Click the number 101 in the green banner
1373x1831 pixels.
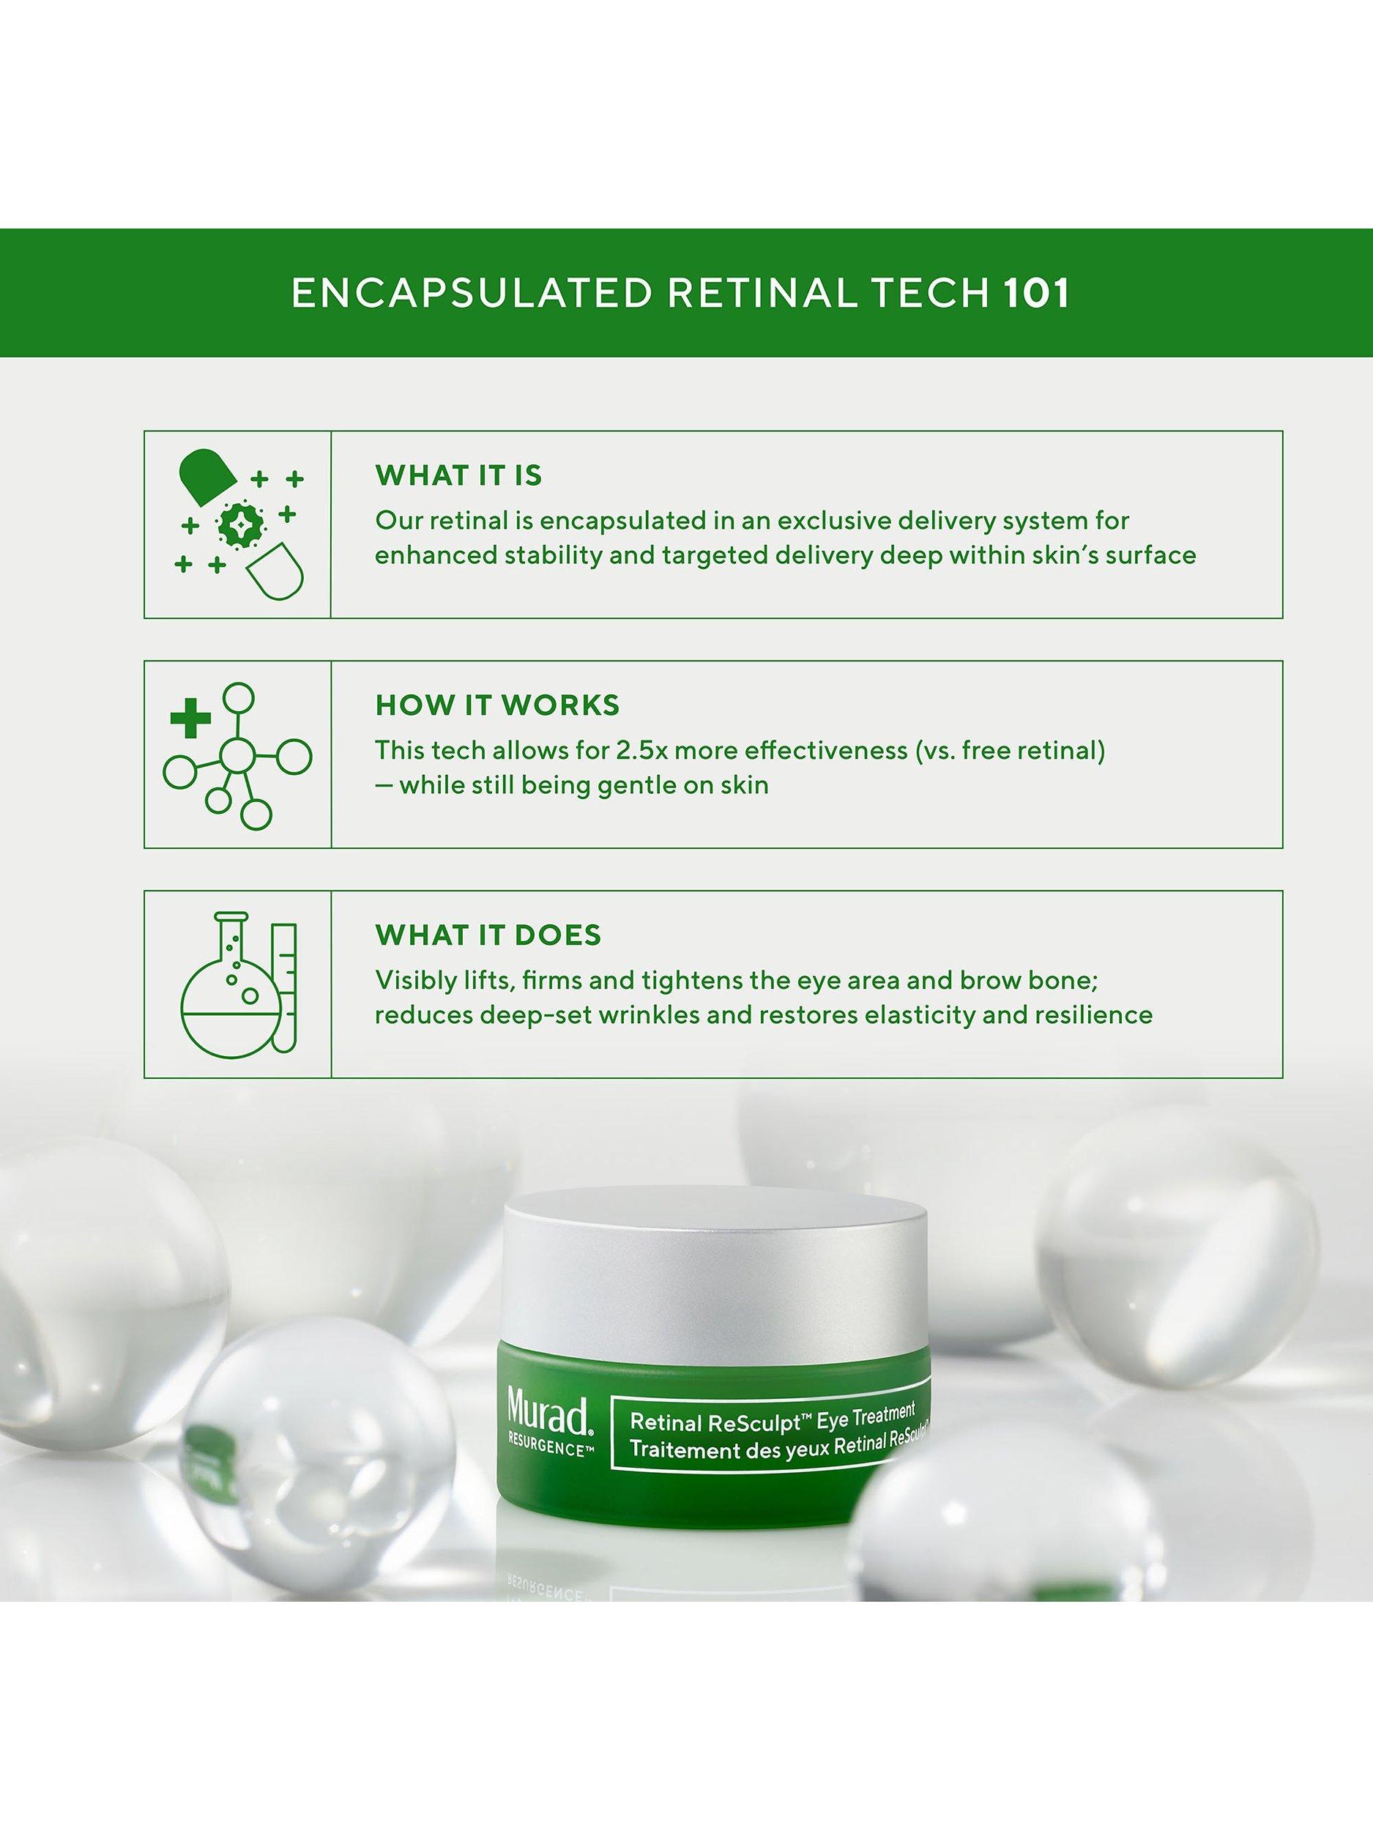pyautogui.click(x=1037, y=294)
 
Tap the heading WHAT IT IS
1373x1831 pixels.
pyautogui.click(x=458, y=476)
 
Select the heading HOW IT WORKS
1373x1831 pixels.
pyautogui.click(x=497, y=705)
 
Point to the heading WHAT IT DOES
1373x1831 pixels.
pyautogui.click(x=488, y=935)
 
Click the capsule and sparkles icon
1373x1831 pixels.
pyautogui.click(x=238, y=524)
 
